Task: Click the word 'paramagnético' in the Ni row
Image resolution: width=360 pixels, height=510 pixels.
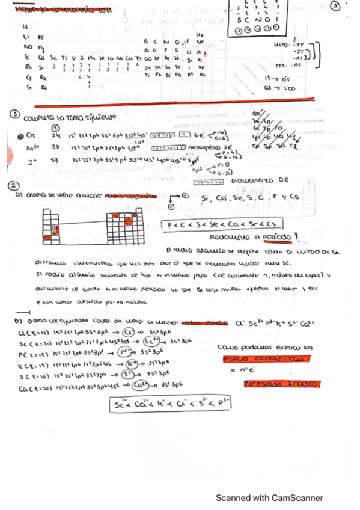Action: pos(207,146)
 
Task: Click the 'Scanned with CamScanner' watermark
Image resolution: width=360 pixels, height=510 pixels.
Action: pos(269,498)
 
